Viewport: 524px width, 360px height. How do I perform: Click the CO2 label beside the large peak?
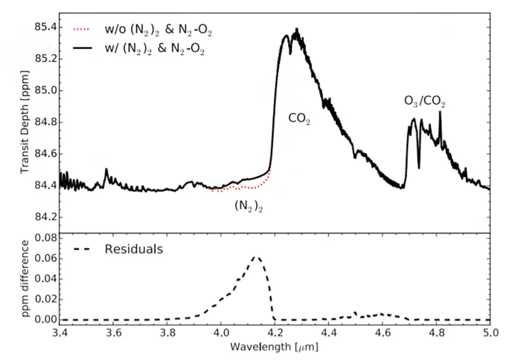coord(300,119)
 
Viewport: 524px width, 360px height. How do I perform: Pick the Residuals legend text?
coord(134,249)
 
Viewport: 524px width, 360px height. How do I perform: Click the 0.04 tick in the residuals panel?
coord(43,279)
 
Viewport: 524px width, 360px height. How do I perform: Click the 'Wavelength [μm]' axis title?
coord(275,347)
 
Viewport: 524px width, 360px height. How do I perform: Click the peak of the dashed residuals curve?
coord(256,257)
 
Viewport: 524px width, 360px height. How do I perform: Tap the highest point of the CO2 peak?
coord(297,29)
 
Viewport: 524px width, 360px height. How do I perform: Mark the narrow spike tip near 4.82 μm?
coord(440,112)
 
